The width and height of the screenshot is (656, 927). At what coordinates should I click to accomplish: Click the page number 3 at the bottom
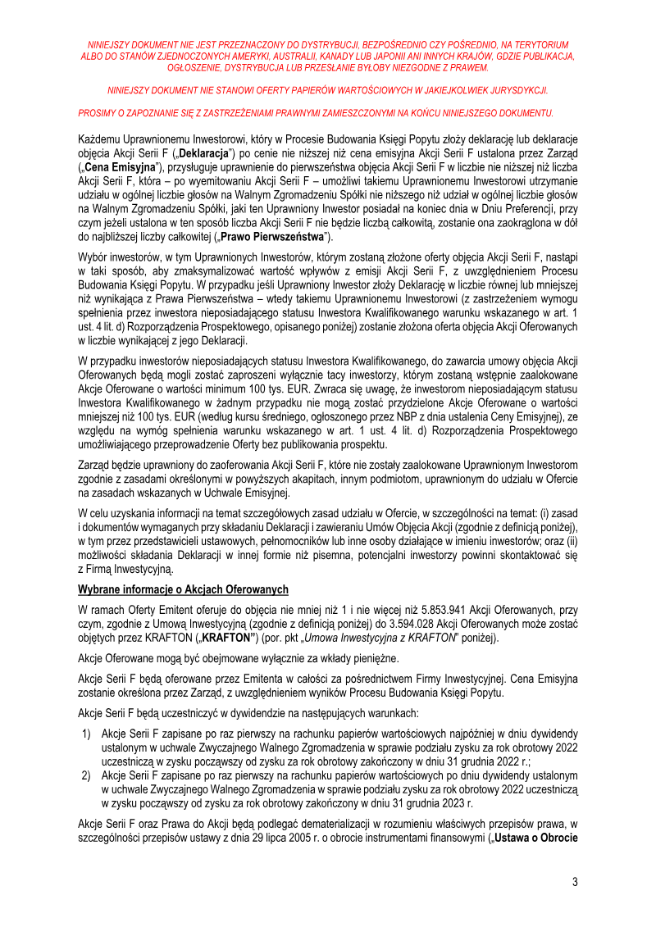575,882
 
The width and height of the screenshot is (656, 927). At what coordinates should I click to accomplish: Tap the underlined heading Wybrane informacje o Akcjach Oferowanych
182,589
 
